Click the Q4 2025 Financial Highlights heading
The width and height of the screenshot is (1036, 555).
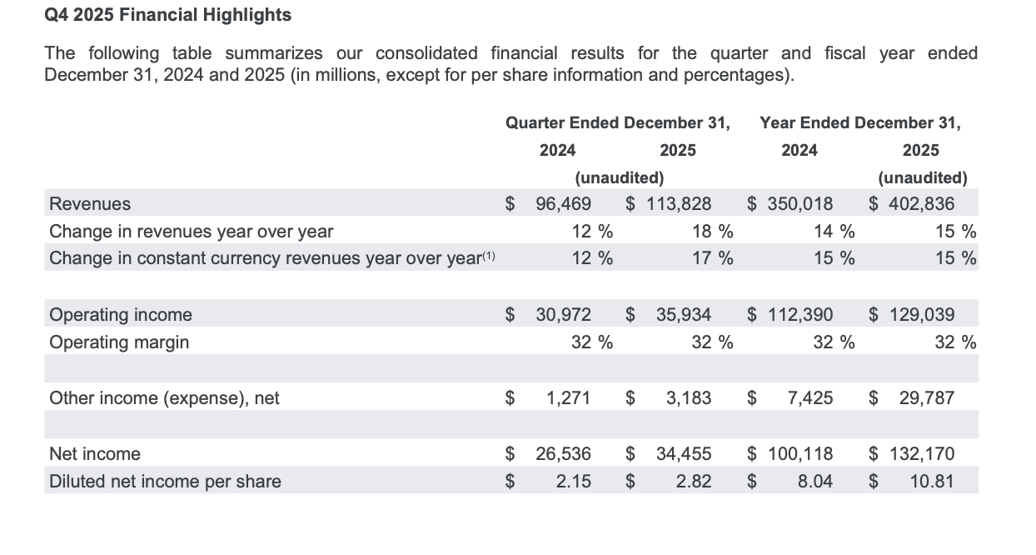(x=168, y=15)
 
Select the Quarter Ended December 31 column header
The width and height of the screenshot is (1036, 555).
(x=618, y=123)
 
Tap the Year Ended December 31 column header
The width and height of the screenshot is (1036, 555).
(x=860, y=123)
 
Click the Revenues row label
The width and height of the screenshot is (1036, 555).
(x=90, y=203)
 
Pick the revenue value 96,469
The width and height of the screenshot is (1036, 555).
(x=563, y=203)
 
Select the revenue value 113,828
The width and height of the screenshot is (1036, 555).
(x=679, y=203)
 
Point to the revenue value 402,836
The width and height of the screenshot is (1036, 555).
(x=921, y=203)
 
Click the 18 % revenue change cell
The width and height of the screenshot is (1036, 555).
(x=712, y=232)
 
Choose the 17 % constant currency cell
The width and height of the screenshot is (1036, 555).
(x=712, y=258)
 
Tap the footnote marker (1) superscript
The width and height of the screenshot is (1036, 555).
(x=489, y=255)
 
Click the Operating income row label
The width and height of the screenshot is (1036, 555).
(x=120, y=315)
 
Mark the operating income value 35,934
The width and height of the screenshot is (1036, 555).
(x=684, y=315)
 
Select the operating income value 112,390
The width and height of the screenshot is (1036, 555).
(x=800, y=315)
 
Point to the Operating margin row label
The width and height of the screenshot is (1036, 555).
(x=119, y=342)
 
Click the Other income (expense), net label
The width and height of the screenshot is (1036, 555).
(x=164, y=398)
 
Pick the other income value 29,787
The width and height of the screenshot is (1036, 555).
(x=926, y=398)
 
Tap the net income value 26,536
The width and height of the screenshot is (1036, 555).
(x=563, y=453)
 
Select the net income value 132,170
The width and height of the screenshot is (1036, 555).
(x=922, y=453)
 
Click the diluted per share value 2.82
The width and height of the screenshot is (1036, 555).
(x=693, y=482)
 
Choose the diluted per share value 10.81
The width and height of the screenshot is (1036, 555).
(x=931, y=482)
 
